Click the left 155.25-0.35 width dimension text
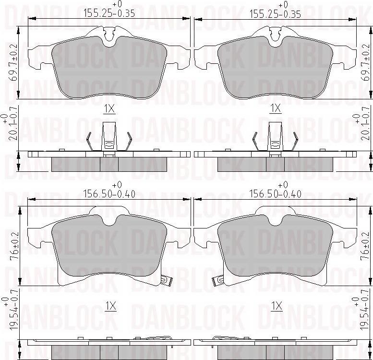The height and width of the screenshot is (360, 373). pos(109,13)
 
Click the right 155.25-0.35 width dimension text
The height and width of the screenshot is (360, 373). pos(275,14)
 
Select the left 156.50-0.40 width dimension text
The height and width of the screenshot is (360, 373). pos(109,194)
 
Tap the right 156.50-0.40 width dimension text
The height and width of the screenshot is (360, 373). pos(275,194)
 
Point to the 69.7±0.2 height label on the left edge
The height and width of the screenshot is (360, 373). pos(14,63)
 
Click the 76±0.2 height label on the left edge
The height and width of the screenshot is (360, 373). pos(14,246)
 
